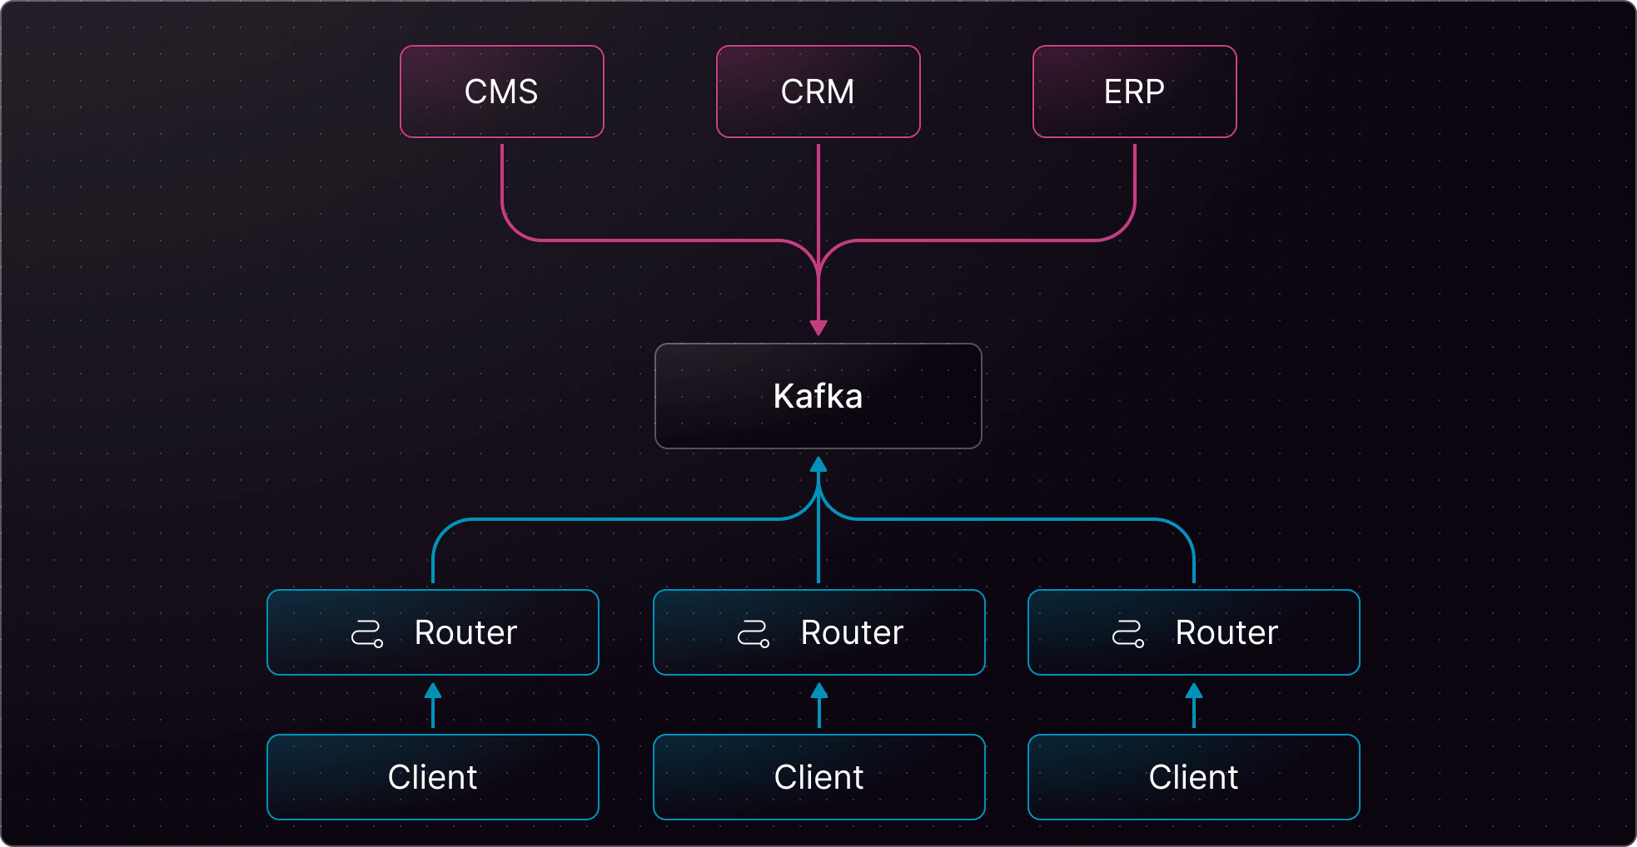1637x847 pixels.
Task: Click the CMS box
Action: coord(501,92)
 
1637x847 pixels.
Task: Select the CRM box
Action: coord(818,92)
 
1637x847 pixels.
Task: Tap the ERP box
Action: coord(1134,92)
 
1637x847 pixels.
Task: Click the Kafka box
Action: coord(818,396)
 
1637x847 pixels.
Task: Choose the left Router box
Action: coord(432,632)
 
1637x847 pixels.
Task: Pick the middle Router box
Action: coord(818,632)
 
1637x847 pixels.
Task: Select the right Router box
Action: coord(1193,632)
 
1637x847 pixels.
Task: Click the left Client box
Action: coord(432,777)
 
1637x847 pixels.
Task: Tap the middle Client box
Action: coord(818,777)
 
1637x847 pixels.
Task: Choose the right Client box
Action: coord(1193,777)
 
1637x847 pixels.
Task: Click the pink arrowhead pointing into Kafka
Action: coord(818,327)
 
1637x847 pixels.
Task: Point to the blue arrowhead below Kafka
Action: coord(818,464)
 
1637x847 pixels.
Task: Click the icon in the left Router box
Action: coord(367,634)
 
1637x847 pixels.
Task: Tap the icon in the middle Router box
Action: coord(754,634)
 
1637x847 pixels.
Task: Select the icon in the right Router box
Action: coord(1128,634)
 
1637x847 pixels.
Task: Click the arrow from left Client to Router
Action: coord(433,706)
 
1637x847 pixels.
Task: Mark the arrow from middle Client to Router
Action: coord(819,706)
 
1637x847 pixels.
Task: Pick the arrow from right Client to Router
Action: coord(1194,706)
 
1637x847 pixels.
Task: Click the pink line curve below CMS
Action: coord(514,227)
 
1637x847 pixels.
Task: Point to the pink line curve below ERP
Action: coord(1123,227)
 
